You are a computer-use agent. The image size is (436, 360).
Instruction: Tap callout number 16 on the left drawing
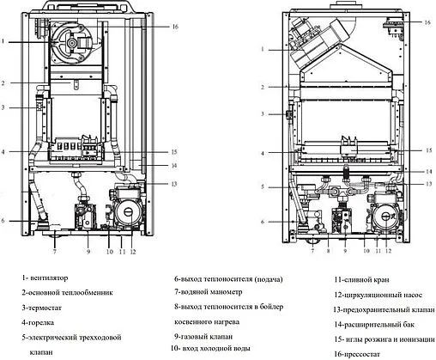click(174, 27)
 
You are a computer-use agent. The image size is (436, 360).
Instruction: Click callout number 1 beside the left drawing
click(4, 41)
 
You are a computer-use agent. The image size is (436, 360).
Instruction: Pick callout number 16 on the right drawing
click(427, 21)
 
